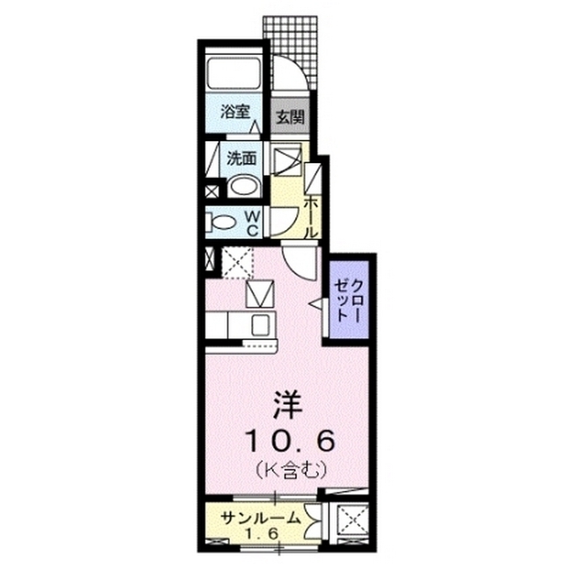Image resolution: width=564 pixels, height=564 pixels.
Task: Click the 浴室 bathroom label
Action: point(235,113)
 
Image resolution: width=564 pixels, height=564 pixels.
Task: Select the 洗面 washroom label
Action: point(241,160)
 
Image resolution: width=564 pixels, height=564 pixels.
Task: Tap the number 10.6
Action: point(283,437)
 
